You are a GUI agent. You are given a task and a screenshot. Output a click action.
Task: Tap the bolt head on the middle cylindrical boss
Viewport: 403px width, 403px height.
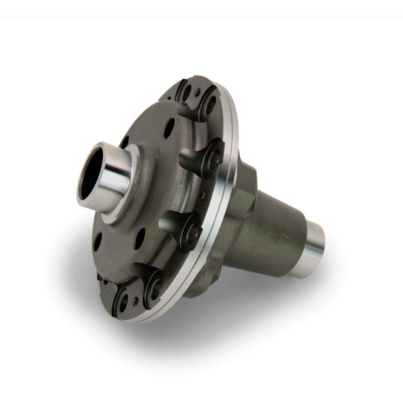(x=192, y=231)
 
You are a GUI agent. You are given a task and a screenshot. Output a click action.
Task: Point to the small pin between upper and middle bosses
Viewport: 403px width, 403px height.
(x=203, y=196)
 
